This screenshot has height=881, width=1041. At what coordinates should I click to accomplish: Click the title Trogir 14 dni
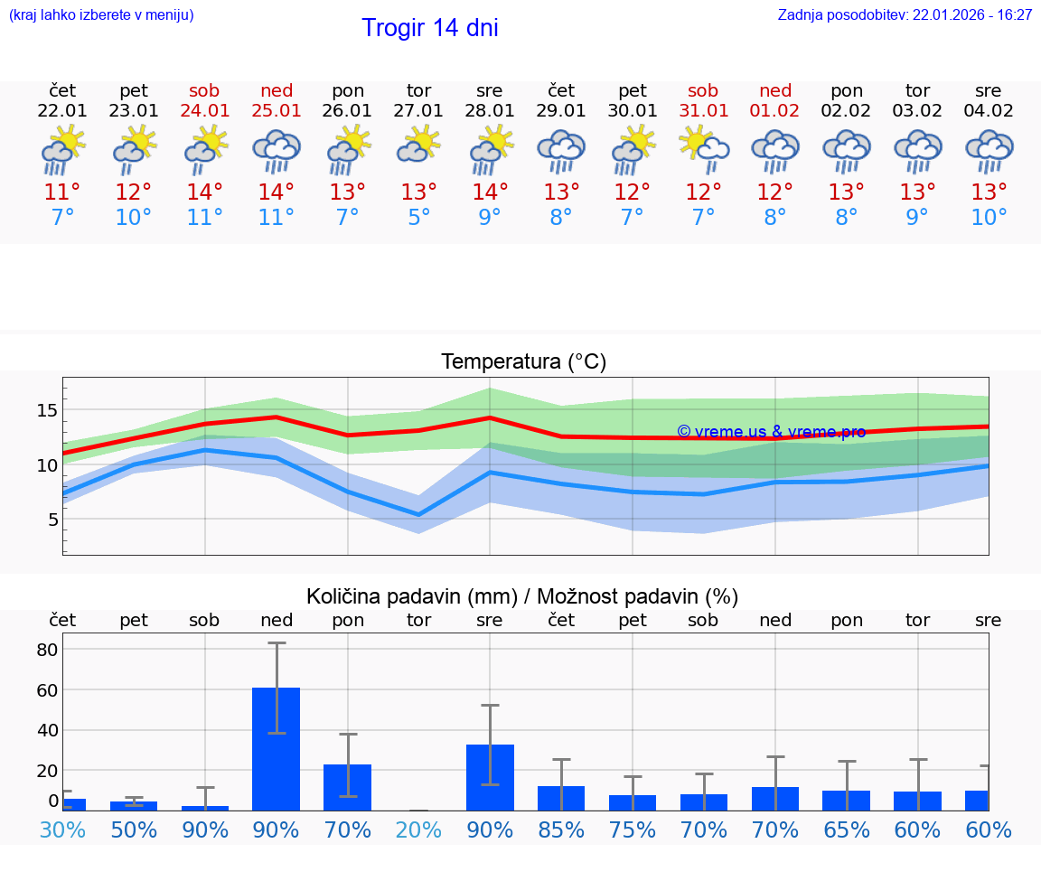coord(429,28)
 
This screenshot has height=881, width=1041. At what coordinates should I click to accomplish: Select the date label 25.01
coord(277,110)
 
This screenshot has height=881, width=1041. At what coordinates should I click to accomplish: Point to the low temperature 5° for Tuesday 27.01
coord(418,218)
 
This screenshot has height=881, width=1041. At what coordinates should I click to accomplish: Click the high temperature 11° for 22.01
coord(62,192)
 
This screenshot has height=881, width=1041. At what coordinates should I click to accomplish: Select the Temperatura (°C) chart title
coord(523,361)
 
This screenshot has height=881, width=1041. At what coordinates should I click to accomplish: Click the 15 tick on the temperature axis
coord(47,410)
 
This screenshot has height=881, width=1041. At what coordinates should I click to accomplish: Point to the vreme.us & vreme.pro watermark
coord(771,432)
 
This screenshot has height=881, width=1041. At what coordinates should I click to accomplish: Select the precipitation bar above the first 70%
coord(347,787)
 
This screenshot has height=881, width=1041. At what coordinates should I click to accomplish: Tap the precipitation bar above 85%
coord(561,798)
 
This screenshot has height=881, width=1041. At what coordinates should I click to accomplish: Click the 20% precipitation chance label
coord(418,829)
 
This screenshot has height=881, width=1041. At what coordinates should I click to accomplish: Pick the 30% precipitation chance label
coord(62,829)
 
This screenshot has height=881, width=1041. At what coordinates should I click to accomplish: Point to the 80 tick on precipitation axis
coord(47,650)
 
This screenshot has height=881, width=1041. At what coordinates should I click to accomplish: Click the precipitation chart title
coord(522,596)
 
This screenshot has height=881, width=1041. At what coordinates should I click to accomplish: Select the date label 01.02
coord(774,110)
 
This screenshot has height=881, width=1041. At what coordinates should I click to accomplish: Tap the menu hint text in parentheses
coord(101,15)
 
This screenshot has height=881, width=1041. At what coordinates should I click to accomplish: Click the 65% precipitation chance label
coord(846,829)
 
